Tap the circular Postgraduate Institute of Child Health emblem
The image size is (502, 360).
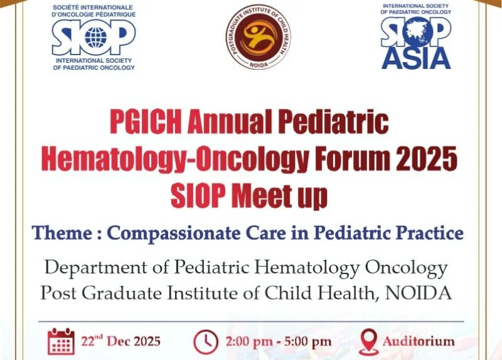259,36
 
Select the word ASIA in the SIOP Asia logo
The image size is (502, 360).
416,58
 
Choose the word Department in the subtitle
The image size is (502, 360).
90,268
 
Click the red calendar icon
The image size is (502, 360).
61,341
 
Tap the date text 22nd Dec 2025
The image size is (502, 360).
120,341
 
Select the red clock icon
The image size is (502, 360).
205,342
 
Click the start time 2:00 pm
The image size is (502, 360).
248,342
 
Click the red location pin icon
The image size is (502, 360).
368,342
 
